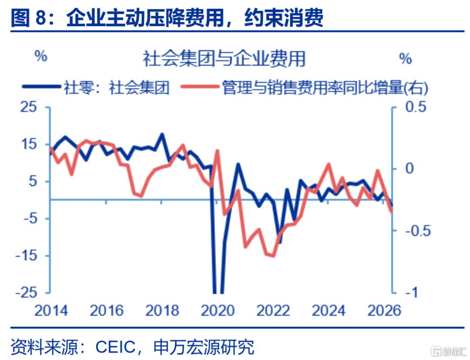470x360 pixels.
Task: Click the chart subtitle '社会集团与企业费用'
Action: click(x=224, y=58)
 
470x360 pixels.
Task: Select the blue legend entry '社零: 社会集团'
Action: click(x=96, y=87)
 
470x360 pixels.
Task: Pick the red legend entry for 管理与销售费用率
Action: click(x=305, y=87)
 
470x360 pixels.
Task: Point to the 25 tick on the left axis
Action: click(x=29, y=107)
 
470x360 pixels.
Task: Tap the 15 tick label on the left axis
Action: click(x=29, y=144)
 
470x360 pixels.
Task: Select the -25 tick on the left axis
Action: click(x=26, y=292)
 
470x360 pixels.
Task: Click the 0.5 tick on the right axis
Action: click(x=416, y=107)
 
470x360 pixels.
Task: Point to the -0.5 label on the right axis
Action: click(x=418, y=231)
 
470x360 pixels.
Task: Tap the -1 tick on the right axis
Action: click(x=411, y=292)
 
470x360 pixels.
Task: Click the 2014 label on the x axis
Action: click(x=51, y=310)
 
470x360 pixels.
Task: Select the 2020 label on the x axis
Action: click(x=218, y=310)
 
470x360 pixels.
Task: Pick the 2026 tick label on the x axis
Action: click(x=384, y=310)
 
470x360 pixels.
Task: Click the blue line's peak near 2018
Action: click(x=162, y=134)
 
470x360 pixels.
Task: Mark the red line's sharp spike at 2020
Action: click(x=217, y=151)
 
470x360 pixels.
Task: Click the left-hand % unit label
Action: click(x=41, y=56)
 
